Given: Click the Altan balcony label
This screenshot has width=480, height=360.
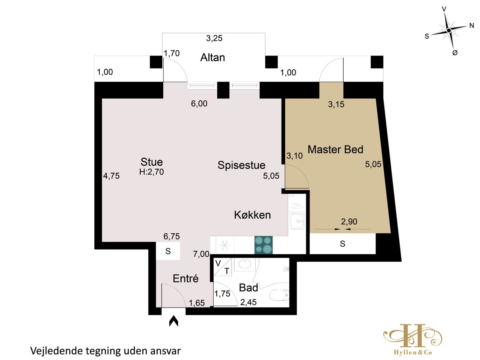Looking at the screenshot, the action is [212, 58].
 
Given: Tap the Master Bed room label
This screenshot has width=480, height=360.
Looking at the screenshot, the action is [335, 150].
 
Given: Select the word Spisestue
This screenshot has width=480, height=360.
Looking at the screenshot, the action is [242, 165].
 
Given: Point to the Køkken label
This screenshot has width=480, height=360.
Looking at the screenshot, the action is [252, 215].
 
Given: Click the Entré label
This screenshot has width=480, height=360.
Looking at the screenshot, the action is [186, 278].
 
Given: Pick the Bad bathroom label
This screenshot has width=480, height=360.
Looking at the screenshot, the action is [248, 288].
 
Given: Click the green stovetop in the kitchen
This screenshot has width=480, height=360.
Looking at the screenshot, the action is [264, 245].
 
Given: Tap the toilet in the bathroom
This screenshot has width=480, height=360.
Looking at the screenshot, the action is [279, 295].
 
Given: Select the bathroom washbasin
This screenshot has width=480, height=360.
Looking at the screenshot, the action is [244, 264].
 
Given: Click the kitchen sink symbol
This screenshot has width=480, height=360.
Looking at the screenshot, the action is [297, 221].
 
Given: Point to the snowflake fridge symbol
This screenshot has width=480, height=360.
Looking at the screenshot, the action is [225, 246].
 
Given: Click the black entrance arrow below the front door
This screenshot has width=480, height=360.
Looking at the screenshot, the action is [174, 321].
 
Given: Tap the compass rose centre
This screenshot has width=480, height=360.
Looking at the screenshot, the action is [449, 31].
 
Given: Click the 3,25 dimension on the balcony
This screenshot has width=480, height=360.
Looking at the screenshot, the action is [214, 38].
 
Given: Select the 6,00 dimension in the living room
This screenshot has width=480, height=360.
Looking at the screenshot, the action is [199, 104].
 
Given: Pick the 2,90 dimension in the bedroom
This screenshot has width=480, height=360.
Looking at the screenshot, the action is [349, 222].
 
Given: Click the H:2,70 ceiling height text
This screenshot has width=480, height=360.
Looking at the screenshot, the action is [151, 172].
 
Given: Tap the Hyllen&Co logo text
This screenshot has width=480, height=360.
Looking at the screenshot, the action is [413, 352].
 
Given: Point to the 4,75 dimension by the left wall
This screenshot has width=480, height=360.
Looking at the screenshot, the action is [111, 176].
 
